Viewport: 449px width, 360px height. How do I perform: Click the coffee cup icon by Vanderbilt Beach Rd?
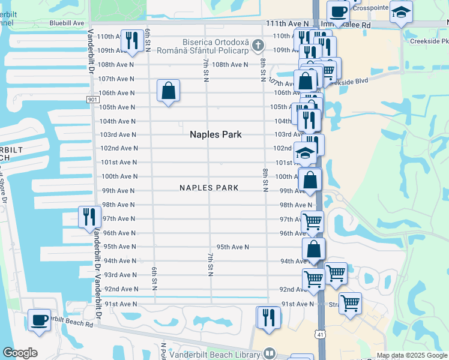40,319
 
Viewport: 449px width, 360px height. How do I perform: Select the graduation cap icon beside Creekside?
400,13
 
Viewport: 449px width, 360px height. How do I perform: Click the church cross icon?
258,44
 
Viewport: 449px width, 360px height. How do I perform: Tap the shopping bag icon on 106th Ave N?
169,91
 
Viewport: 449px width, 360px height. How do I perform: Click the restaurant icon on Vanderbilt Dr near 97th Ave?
89,217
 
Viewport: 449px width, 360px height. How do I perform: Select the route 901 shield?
92,99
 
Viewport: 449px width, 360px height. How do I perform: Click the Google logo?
20,353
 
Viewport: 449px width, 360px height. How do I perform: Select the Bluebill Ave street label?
67,23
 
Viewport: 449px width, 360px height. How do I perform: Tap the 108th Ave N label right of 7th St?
229,64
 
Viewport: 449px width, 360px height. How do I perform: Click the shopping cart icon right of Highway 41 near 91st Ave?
349,303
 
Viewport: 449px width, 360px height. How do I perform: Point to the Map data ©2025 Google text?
411,355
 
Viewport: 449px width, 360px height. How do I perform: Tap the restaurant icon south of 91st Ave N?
268,317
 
